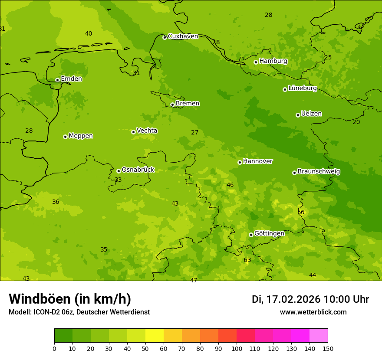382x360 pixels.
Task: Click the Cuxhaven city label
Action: (183, 36)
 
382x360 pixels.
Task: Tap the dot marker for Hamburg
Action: (256, 62)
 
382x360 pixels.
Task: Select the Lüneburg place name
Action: (302, 88)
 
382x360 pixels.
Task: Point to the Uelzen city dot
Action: (298, 115)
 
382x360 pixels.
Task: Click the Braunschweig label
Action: (319, 172)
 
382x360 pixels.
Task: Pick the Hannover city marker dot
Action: (240, 162)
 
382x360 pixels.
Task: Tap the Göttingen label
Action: (269, 234)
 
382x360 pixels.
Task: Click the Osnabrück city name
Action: (138, 170)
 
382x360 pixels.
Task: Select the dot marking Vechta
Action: (133, 132)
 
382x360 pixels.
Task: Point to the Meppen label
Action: (80, 136)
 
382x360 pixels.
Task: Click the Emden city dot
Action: (57, 80)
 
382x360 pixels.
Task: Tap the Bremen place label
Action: (187, 104)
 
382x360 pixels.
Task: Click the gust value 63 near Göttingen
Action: (247, 260)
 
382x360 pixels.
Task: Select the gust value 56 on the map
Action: (301, 213)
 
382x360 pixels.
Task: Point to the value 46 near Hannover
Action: (230, 185)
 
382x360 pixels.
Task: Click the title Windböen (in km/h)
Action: (69, 299)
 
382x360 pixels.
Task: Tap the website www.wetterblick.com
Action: (313, 312)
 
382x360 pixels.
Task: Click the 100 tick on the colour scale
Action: (237, 348)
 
